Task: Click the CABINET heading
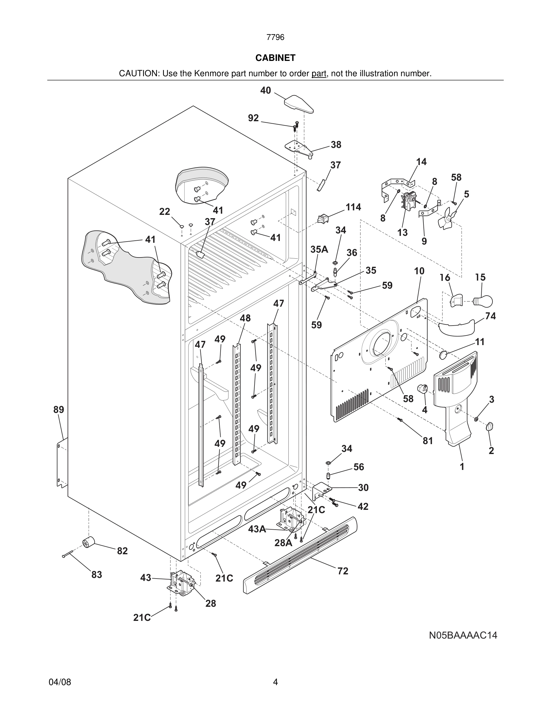pos(275,58)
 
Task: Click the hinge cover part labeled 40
pos(299,104)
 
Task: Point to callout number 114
pos(353,207)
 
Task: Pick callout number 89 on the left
pos(59,410)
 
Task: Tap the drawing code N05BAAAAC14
pos(463,635)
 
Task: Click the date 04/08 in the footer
pos(60,682)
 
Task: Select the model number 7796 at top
pos(275,38)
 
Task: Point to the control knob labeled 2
pos(490,426)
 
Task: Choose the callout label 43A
pos(257,529)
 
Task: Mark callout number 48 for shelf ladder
pos(245,318)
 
